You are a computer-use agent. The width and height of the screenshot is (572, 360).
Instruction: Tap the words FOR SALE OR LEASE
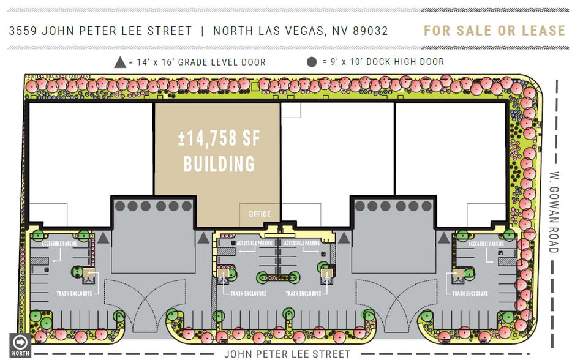(494, 31)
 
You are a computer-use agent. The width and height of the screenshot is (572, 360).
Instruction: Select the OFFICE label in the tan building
(260, 214)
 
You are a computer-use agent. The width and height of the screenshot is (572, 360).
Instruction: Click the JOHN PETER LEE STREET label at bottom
(287, 354)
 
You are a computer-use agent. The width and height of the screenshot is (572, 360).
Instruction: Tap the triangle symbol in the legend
(121, 62)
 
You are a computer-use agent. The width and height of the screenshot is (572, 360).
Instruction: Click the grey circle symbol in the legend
(312, 62)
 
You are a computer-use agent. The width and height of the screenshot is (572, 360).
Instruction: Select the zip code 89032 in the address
(370, 31)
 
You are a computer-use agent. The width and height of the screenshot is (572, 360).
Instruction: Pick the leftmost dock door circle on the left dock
(121, 206)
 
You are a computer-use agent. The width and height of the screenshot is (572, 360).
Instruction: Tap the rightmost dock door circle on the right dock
(427, 206)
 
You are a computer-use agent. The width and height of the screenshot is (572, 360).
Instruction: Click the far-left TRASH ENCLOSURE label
(74, 294)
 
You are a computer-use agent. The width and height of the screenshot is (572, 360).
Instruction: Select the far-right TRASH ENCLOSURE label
(470, 294)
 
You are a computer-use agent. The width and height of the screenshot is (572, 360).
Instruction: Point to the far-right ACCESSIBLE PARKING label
(486, 244)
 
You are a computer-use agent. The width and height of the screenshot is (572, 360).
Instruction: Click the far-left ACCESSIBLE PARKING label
(60, 244)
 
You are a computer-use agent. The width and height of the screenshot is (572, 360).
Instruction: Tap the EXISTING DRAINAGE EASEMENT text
(58, 77)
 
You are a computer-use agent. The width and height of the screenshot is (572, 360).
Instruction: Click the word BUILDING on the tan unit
(219, 164)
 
